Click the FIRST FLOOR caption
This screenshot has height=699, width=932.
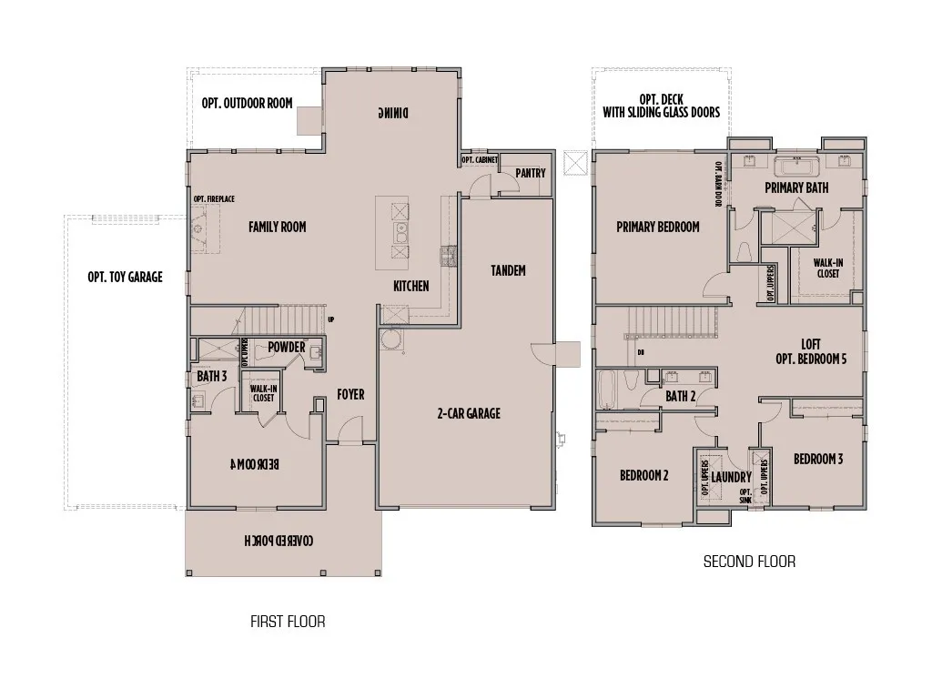pyautogui.click(x=288, y=622)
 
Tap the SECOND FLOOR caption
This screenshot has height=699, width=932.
pyautogui.click(x=749, y=562)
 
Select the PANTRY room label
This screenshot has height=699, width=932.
pyautogui.click(x=530, y=173)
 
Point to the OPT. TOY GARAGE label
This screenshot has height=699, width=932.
pyautogui.click(x=125, y=277)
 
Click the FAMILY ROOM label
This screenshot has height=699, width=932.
pyautogui.click(x=277, y=227)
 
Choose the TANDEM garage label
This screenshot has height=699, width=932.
pyautogui.click(x=508, y=270)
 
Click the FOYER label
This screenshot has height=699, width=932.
pyautogui.click(x=350, y=394)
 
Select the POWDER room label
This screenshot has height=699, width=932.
pyautogui.click(x=286, y=347)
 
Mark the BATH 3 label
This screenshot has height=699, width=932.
pyautogui.click(x=211, y=375)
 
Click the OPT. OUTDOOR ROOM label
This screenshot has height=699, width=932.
pyautogui.click(x=247, y=103)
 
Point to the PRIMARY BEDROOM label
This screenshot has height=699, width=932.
pyautogui.click(x=657, y=227)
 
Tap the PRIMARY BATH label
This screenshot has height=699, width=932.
pyautogui.click(x=796, y=187)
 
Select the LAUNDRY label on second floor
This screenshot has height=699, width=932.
pyautogui.click(x=731, y=477)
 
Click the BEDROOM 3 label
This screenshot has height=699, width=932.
pyautogui.click(x=817, y=459)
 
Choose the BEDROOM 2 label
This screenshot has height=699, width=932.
pyautogui.click(x=644, y=475)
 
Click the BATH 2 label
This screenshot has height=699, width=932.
pyautogui.click(x=680, y=396)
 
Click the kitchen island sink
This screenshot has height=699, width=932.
pyautogui.click(x=400, y=232)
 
